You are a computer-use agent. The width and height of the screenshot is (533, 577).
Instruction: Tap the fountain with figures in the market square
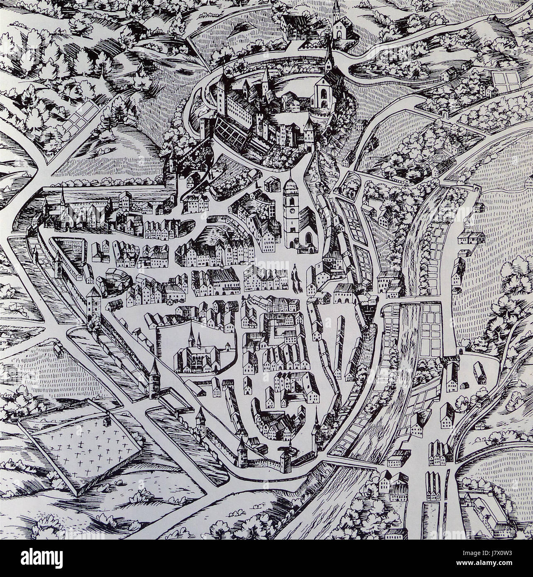click(x=296, y=277)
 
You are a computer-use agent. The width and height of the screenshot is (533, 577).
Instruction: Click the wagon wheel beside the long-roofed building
click(x=179, y=297)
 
